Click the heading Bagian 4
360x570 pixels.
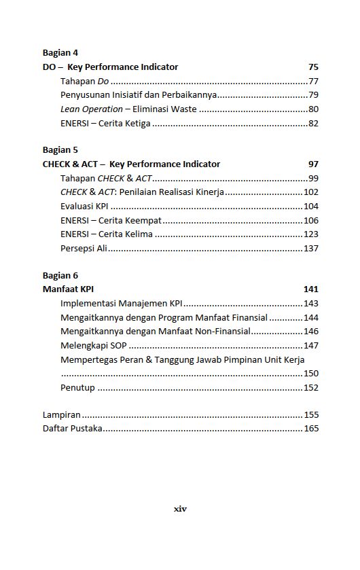(60, 52)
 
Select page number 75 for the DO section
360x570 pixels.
(313, 67)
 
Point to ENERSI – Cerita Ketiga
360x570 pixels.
(105, 124)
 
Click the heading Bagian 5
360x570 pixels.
(60, 149)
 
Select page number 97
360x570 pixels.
(313, 164)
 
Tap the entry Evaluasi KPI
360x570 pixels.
(85, 207)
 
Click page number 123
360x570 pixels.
(311, 234)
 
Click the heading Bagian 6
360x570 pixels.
(60, 275)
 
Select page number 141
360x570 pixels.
(311, 289)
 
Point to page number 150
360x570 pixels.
(311, 374)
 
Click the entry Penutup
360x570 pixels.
(77, 388)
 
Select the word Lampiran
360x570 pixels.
(62, 414)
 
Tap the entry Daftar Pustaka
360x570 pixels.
(73, 429)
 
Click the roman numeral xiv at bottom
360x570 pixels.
(180, 508)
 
